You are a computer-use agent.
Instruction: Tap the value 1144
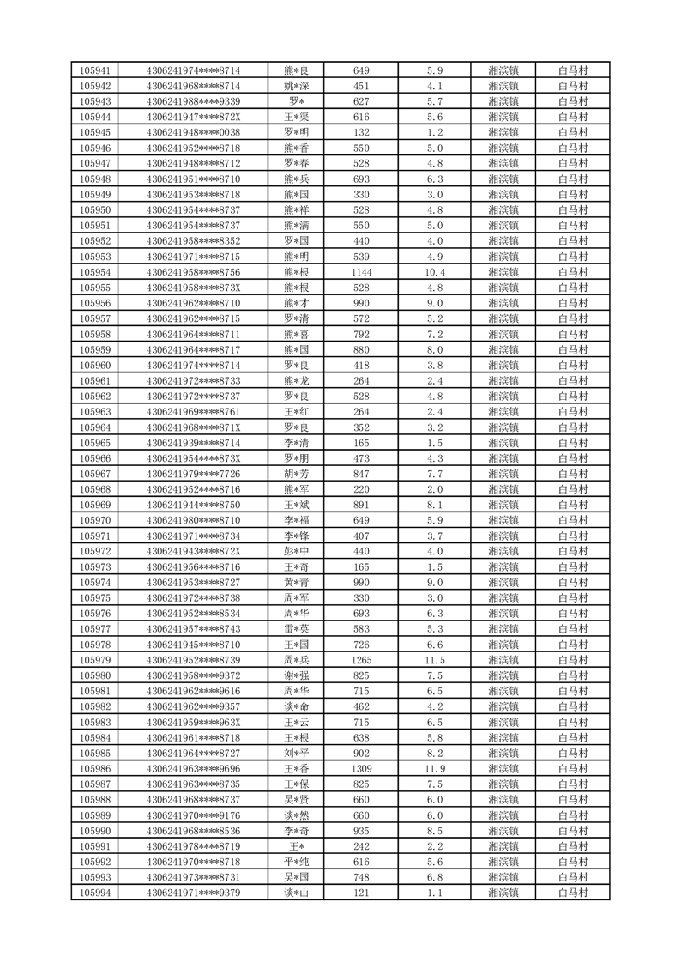point(361,272)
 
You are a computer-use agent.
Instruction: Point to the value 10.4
point(434,272)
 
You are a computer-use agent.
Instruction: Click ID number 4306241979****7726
point(193,474)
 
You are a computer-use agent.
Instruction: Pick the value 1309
point(361,769)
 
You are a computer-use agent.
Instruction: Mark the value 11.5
point(434,660)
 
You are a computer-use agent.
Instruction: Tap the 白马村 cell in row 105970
point(572,520)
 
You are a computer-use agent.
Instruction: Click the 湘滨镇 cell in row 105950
point(503,210)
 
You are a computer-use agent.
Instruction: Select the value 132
point(361,132)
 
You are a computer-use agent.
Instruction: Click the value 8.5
point(434,831)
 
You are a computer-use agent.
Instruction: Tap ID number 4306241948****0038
point(193,132)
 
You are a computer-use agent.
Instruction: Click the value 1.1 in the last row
point(434,893)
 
